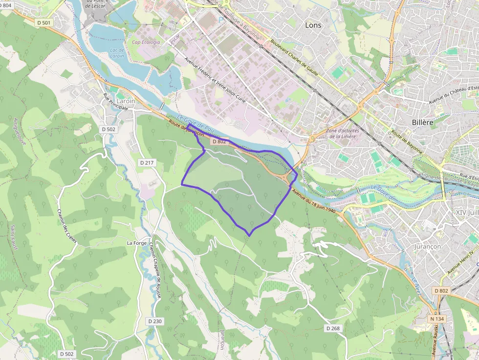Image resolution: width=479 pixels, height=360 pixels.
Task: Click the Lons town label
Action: [313, 25]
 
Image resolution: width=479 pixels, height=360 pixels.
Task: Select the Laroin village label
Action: [126, 101]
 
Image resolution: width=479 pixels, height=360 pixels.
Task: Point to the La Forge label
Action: [136, 243]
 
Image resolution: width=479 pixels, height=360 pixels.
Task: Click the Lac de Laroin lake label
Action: [117, 53]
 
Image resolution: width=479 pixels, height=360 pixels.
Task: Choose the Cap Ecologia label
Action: [146, 42]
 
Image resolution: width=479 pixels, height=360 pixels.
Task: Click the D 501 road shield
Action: [44, 22]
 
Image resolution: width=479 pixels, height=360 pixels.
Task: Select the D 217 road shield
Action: [147, 162]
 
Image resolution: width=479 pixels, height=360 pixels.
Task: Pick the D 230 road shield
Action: [154, 321]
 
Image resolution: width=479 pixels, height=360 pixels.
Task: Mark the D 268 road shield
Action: [332, 328]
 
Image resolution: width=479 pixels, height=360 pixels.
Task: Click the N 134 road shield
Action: [437, 319]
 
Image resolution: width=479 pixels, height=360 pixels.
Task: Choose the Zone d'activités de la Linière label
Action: [342, 133]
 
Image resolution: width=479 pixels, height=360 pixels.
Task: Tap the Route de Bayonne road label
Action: [406, 142]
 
